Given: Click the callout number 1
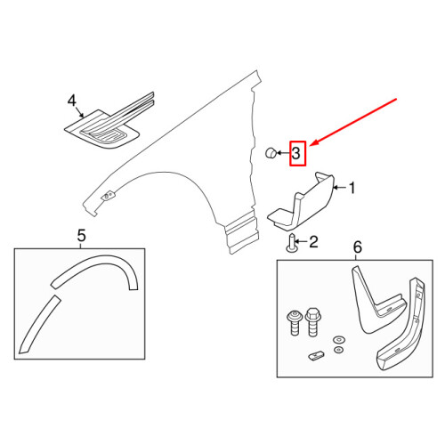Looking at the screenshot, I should tap(352, 189).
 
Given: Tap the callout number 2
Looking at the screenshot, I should tap(314, 241).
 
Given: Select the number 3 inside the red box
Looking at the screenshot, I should tap(297, 155).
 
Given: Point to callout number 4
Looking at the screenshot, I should tap(72, 102).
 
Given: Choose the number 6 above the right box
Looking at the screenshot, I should tap(358, 247).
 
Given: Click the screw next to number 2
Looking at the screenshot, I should tap(292, 243).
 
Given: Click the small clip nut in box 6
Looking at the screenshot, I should tap(317, 357).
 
